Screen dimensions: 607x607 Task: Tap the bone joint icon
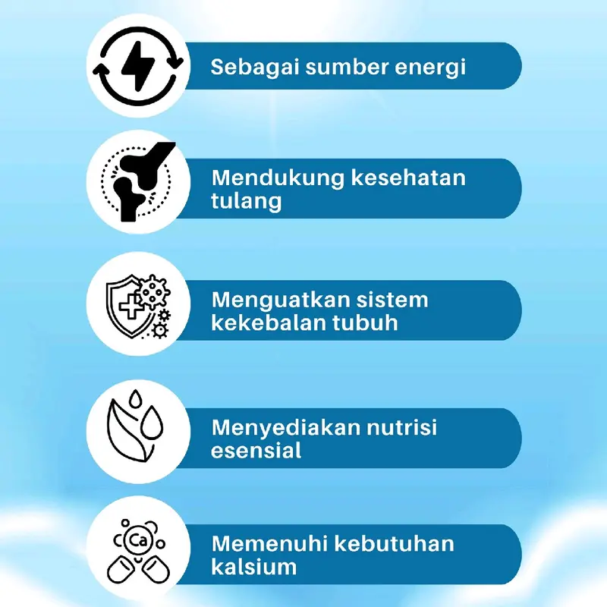click(141, 181)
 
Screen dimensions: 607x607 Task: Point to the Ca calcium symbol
click(139, 540)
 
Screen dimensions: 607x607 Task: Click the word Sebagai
click(255, 67)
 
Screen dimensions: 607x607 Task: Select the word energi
click(429, 68)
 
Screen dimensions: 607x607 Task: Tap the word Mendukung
click(278, 178)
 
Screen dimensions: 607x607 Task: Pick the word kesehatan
click(408, 178)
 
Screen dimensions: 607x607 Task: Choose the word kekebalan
click(269, 322)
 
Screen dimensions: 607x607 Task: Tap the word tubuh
click(366, 322)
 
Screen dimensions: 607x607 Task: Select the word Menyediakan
click(286, 428)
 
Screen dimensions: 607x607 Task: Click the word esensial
click(256, 451)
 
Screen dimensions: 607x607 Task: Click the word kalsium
click(254, 566)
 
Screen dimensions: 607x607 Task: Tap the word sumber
click(347, 67)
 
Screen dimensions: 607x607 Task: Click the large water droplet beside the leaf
click(152, 422)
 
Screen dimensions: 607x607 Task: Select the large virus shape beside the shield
click(154, 291)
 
